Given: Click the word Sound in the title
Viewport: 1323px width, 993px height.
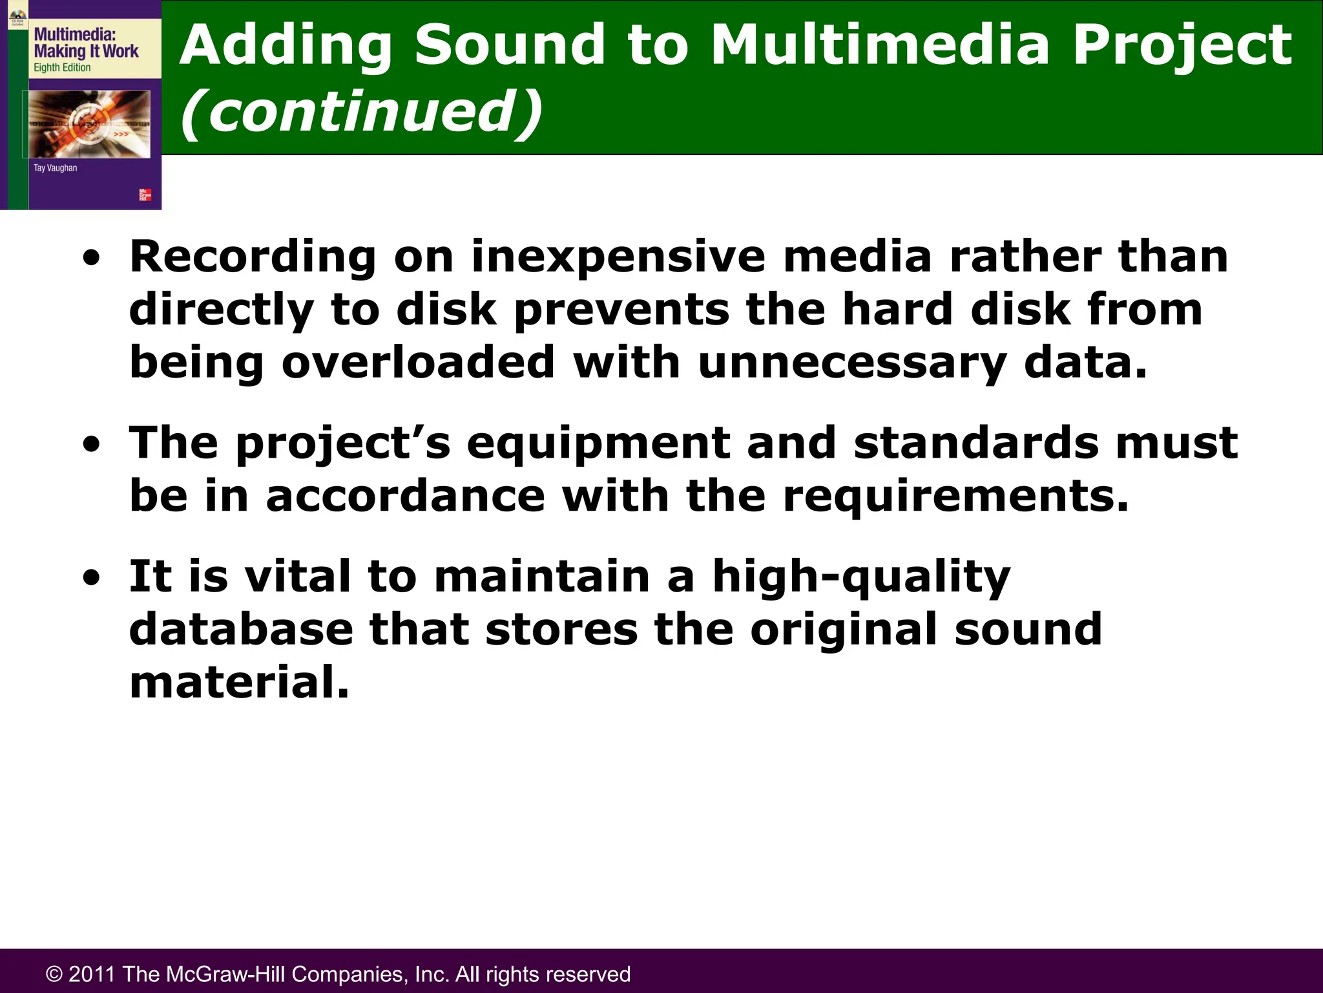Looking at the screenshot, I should point(509,45).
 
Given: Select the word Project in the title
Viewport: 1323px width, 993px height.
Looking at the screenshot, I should point(1182,45).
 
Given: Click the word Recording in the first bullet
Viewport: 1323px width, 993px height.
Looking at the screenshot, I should point(253,257).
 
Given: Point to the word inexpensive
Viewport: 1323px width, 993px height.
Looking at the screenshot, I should point(618,257).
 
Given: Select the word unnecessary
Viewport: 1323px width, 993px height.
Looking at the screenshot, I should point(851,362).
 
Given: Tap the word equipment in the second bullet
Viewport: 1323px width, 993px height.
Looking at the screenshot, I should point(598,443).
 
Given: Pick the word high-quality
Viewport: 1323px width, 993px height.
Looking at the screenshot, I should point(860,577).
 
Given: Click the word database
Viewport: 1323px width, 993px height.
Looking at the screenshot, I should point(241,629).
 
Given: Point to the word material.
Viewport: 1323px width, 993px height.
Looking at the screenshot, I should point(239,683).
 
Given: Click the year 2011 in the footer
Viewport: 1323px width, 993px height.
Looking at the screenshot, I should point(92,974).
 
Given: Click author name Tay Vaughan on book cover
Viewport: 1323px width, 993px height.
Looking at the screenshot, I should point(55,168).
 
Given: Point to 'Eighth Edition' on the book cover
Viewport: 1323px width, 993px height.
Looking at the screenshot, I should point(62,67).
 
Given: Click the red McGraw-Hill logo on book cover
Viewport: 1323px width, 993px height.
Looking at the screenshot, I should point(145,195).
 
